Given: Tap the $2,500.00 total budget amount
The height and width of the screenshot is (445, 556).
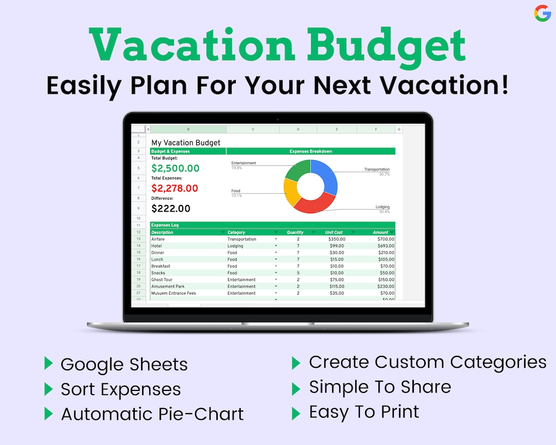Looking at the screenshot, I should tap(175, 168).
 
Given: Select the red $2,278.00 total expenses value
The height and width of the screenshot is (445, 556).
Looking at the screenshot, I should tap(175, 189).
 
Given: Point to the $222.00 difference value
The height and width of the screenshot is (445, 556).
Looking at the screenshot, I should tap(170, 209).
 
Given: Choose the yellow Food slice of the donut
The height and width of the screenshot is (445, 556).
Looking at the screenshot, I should tap(291, 192).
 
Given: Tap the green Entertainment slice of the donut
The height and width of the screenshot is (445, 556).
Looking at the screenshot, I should tap(296, 170).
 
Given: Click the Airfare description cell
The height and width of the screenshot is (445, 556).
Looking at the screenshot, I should tap(158, 239).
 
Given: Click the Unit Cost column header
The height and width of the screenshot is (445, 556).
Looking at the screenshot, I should tap(334, 232).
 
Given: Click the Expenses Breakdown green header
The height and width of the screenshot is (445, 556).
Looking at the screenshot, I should tap(310, 151).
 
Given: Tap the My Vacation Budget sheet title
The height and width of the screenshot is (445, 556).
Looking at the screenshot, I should tap(185, 143).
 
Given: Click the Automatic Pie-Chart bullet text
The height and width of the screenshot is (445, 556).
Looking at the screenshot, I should tap(152, 414).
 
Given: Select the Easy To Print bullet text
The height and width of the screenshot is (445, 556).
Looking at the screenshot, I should tap(364, 412).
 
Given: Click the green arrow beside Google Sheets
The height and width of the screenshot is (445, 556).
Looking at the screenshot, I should tap(48, 363).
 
